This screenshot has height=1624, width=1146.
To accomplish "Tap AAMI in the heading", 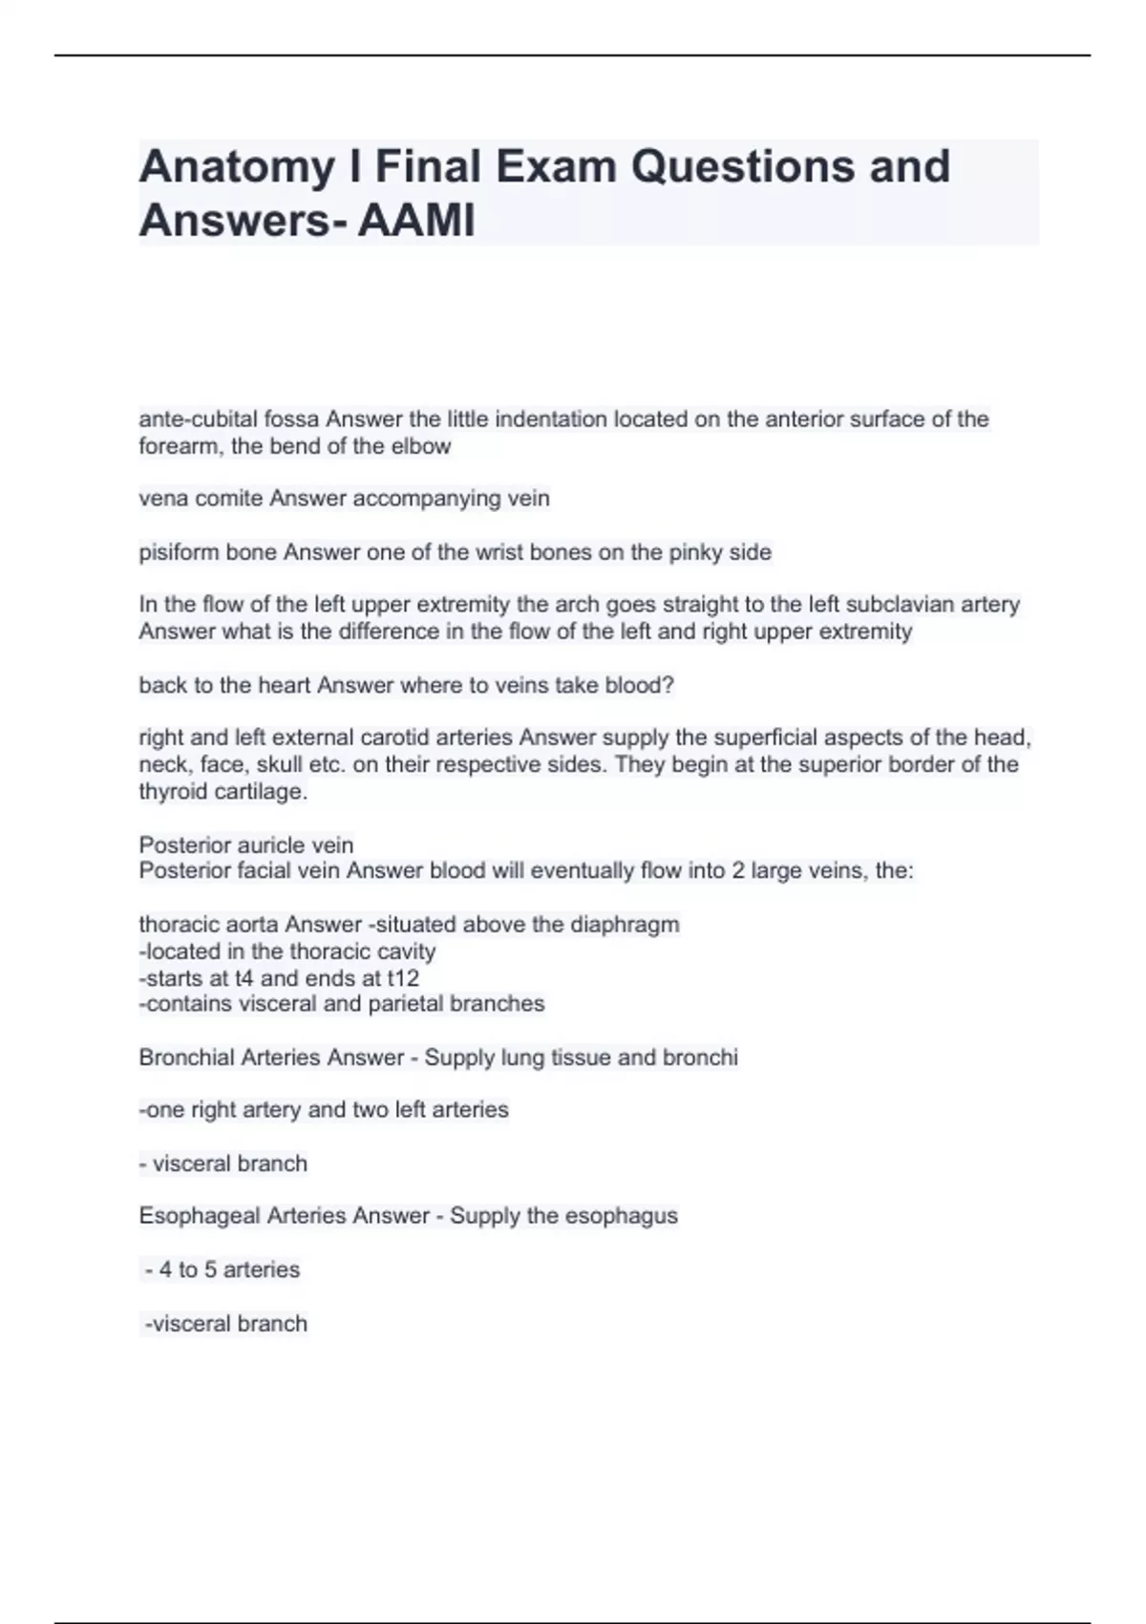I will (x=416, y=222).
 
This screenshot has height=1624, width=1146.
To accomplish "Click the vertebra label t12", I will (x=403, y=978).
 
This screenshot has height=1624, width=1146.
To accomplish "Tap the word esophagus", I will (x=621, y=1216).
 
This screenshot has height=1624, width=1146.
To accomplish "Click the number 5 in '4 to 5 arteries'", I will (x=210, y=1270).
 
